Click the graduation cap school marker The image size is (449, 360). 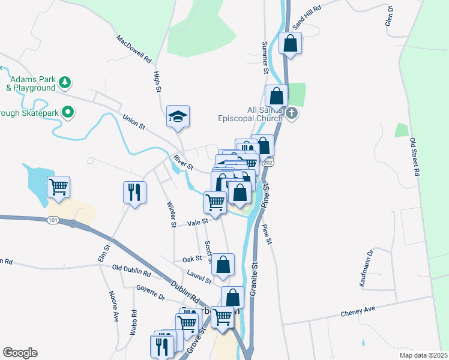point(178,115)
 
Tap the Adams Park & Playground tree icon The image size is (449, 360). point(65,82)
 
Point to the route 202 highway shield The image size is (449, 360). point(268,163)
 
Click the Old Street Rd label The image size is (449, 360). point(414,157)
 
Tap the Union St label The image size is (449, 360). point(134,122)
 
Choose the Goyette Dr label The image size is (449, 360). point(150,292)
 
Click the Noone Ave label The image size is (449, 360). point(113,307)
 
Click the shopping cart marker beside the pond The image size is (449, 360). point(59,187)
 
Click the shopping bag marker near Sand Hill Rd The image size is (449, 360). point(290,43)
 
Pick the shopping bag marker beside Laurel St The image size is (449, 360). point(223,264)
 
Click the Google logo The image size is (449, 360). point(20,353)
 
